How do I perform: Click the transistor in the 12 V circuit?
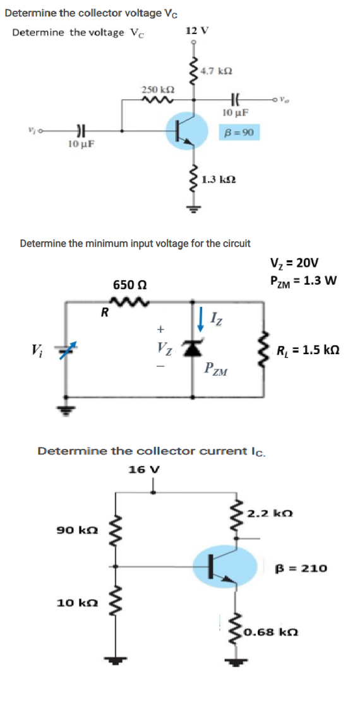(x=188, y=131)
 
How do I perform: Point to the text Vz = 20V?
(x=294, y=263)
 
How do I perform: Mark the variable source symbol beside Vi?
(x=64, y=349)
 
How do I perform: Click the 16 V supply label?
(x=144, y=469)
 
